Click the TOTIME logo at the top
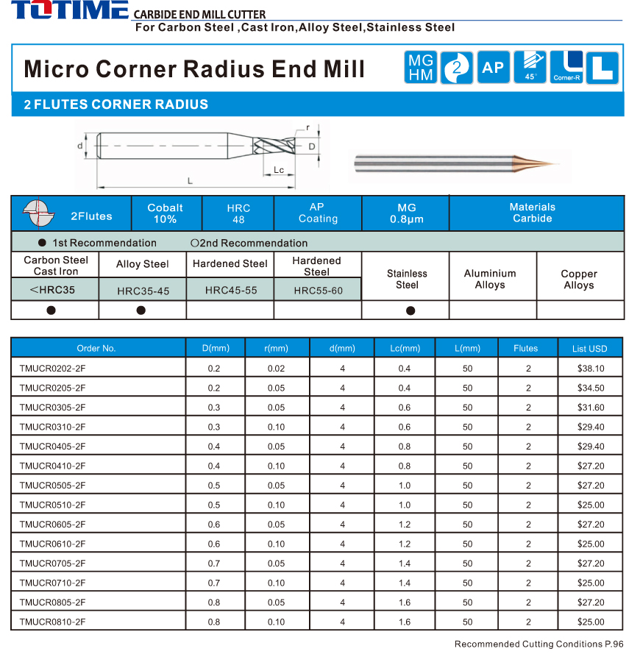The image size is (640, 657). click(69, 11)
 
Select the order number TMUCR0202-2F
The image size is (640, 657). click(53, 369)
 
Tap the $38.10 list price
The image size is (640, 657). click(591, 369)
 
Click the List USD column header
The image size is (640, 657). click(590, 348)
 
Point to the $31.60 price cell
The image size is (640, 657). click(591, 408)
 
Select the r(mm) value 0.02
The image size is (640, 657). click(276, 369)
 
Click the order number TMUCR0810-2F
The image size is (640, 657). click(53, 622)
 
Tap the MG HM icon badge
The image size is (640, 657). click(422, 68)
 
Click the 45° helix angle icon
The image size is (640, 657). click(530, 68)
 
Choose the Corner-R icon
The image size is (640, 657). click(566, 68)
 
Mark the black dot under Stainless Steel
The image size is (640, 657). click(410, 310)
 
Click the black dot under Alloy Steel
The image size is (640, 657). click(141, 310)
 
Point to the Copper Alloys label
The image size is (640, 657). click(579, 280)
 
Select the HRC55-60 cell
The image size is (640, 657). click(318, 291)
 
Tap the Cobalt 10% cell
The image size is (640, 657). click(166, 213)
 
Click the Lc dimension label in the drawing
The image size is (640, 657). click(279, 170)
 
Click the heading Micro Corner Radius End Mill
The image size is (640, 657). click(194, 69)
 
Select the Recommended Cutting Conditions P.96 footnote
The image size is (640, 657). click(538, 644)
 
